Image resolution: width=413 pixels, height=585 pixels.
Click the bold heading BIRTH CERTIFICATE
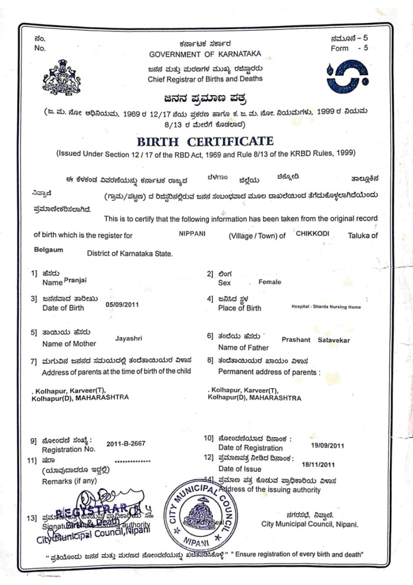click(x=205, y=141)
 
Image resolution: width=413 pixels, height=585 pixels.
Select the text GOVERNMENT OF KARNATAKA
click(x=205, y=54)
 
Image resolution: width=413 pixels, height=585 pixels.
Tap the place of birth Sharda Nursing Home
click(x=326, y=307)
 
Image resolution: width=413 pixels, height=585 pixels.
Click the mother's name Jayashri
click(x=129, y=339)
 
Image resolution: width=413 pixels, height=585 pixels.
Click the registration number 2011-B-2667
click(x=126, y=443)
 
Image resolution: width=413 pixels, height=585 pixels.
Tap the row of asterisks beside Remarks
click(x=133, y=461)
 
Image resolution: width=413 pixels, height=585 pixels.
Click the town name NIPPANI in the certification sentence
click(x=192, y=234)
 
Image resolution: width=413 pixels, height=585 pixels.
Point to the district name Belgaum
click(x=49, y=250)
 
